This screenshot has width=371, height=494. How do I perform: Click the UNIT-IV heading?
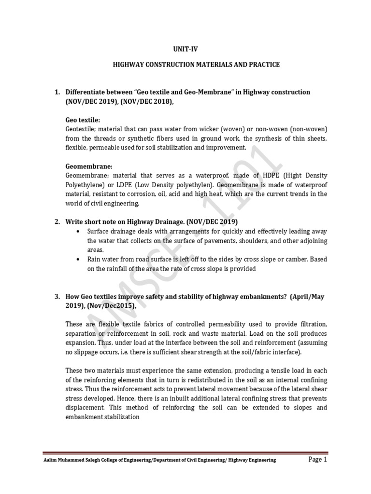(x=185, y=49)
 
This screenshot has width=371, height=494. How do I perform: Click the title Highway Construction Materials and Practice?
(x=185, y=65)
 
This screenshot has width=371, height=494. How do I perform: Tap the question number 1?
(x=56, y=92)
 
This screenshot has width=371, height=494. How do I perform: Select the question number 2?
(x=56, y=221)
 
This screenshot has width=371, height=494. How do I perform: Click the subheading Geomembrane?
(x=88, y=166)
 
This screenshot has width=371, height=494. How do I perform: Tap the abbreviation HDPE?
(x=262, y=176)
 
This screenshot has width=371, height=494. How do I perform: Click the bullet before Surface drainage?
(x=78, y=232)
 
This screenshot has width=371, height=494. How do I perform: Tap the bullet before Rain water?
(x=78, y=260)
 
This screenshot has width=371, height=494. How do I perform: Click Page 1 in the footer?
(x=317, y=459)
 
